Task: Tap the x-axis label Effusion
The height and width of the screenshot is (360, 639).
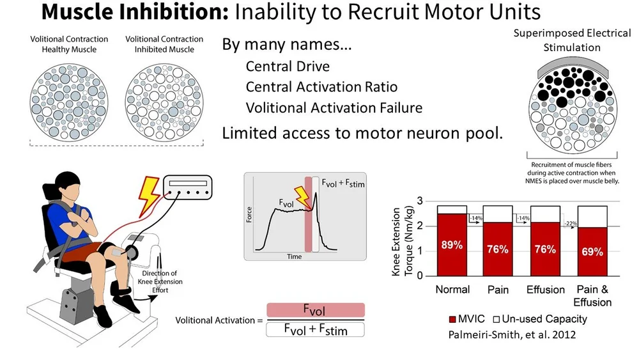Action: (545, 290)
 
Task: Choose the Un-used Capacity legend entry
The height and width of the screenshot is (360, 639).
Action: (541, 318)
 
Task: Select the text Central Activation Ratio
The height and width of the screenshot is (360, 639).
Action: (321, 87)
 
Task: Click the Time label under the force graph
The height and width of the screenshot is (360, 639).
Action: (294, 256)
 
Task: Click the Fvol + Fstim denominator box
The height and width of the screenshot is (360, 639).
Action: (314, 329)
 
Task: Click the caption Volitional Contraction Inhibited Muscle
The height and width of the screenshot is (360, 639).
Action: (164, 44)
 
